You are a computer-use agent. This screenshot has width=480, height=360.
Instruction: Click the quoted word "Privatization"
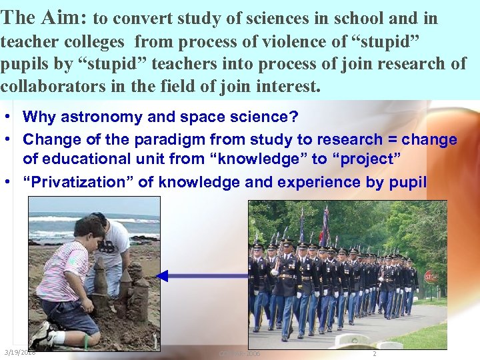[x=78, y=182]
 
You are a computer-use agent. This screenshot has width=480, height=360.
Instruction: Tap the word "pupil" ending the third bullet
[x=409, y=182]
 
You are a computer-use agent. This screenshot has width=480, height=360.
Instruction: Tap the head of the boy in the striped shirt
[x=89, y=229]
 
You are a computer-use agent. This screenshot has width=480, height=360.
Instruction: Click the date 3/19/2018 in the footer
[x=19, y=353]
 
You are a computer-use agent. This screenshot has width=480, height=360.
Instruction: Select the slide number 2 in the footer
[x=375, y=353]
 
